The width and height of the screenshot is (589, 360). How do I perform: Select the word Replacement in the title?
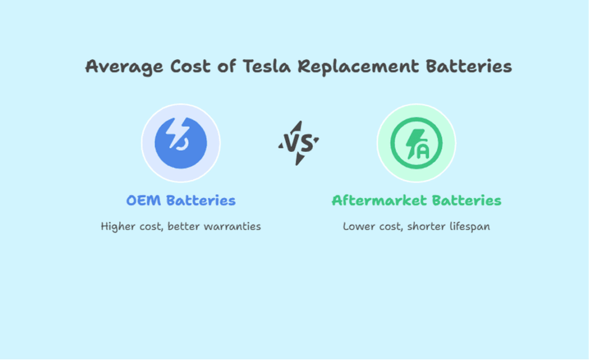tap(358, 67)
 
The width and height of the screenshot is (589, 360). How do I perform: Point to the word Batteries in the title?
tap(469, 67)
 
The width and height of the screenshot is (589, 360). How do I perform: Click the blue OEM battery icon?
tap(181, 143)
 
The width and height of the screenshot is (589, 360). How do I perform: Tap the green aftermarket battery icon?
tap(416, 143)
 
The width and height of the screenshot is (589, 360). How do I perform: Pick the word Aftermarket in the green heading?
tap(379, 201)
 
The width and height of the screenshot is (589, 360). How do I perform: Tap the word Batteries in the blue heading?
tap(201, 201)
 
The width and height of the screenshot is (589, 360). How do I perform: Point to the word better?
tap(183, 227)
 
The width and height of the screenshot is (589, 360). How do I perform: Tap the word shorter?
tap(425, 227)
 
